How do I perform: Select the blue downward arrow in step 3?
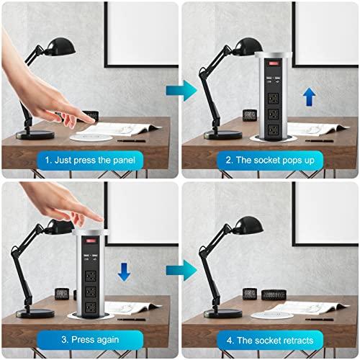coord(123,271)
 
